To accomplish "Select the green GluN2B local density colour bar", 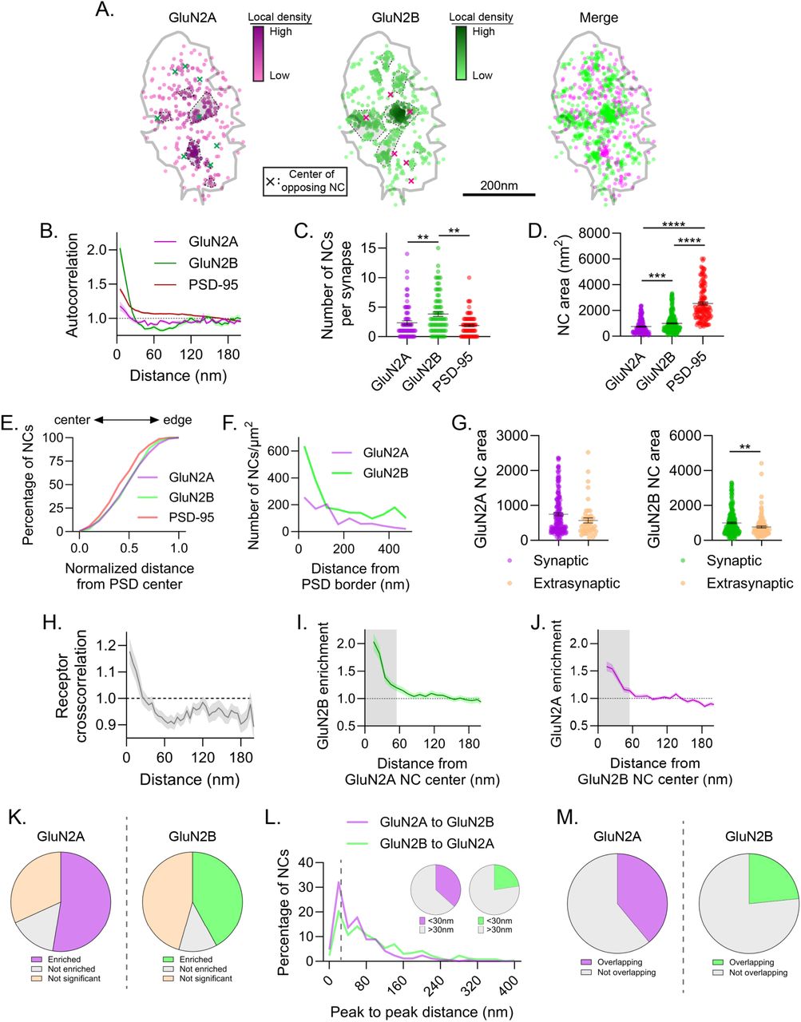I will (460, 53).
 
